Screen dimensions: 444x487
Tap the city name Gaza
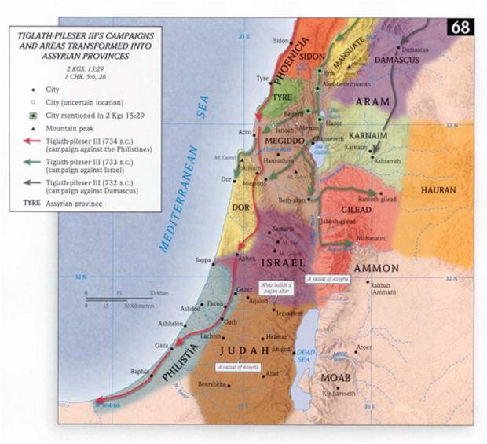162,345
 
